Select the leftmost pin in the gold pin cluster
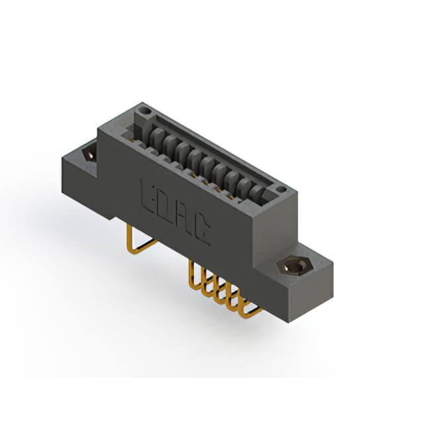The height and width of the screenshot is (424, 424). coord(193,273)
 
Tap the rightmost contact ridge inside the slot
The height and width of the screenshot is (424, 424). coord(261,194)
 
